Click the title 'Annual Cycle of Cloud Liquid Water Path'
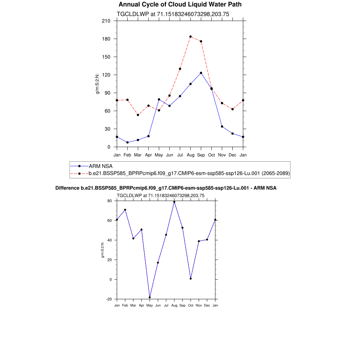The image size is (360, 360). [180, 5]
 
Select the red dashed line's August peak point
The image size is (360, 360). [191, 37]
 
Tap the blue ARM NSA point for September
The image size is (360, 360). [201, 73]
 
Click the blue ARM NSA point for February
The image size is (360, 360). [127, 142]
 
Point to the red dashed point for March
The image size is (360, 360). [138, 115]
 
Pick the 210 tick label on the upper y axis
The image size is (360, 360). [106, 21]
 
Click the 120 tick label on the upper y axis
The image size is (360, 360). [106, 75]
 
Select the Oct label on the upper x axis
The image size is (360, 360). [212, 155]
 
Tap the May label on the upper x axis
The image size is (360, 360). [159, 155]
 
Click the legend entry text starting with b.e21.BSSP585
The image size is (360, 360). [189, 173]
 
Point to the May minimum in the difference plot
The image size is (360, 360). [150, 297]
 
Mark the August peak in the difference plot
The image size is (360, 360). [174, 202]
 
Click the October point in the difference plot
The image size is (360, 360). [191, 278]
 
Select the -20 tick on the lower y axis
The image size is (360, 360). [109, 299]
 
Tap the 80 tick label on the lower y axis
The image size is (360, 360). [109, 201]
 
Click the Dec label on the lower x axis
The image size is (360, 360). [207, 306]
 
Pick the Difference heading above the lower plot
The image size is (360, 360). [166, 188]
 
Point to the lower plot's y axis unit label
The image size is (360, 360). [103, 250]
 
